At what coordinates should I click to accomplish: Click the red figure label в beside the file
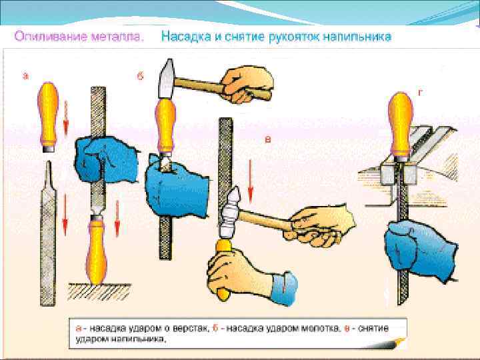267,139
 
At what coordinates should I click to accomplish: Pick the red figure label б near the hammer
140,76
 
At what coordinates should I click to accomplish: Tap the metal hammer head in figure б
165,78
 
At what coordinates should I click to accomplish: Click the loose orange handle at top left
49,113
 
